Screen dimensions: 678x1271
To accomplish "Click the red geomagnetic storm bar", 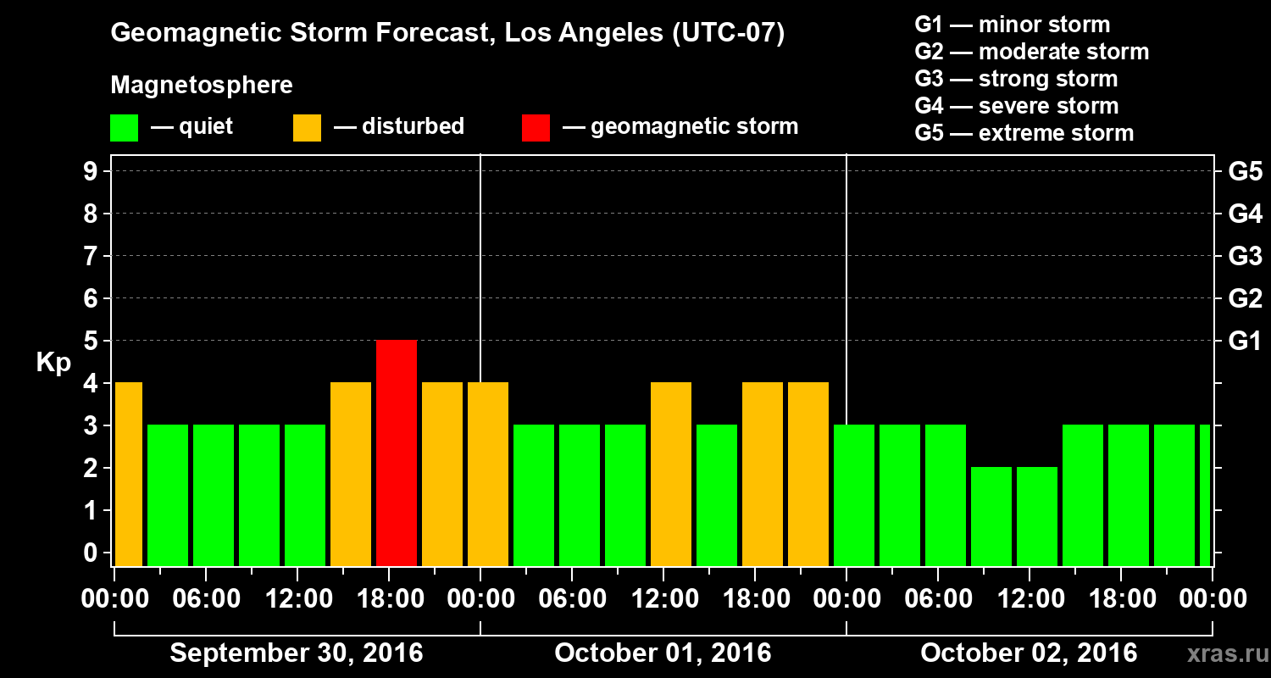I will [397, 453].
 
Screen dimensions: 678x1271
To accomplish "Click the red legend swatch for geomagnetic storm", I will [536, 127].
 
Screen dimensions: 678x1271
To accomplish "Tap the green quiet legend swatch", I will [124, 127].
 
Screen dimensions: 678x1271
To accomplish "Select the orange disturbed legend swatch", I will [307, 127].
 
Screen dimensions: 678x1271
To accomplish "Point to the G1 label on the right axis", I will [1245, 341].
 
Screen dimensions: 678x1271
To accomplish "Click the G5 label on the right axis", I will [1245, 171].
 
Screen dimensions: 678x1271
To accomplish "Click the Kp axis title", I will [53, 362].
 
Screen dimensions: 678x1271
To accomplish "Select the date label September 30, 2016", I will [297, 653].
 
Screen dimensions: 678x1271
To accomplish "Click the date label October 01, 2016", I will [663, 653].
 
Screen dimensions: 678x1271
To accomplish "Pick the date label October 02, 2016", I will [1029, 653].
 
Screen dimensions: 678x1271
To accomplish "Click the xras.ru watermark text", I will [1222, 654].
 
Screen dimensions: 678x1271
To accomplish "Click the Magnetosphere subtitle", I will [202, 86].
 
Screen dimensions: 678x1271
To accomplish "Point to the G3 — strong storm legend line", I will [1016, 79].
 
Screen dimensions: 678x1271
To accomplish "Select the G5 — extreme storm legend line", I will [1024, 133].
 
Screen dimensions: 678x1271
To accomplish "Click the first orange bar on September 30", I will [128, 474].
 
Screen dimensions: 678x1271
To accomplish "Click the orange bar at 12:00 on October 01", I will [671, 474].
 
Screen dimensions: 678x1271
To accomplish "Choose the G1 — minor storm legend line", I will [1012, 25].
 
